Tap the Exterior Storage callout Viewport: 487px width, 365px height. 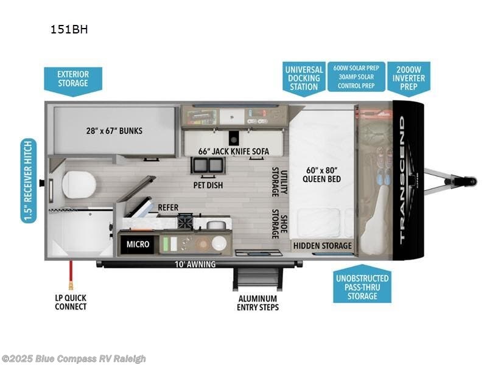[x=73, y=79]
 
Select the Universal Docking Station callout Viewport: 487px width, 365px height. [x=304, y=78]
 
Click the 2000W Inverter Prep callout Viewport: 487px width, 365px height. [x=409, y=77]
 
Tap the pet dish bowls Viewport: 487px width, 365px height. [x=207, y=165]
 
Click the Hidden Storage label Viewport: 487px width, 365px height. [x=323, y=246]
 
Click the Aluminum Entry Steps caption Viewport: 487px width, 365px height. [x=258, y=303]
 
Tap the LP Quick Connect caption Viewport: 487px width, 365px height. [x=72, y=302]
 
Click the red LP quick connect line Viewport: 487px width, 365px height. [x=72, y=274]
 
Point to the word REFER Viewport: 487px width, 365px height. [x=168, y=207]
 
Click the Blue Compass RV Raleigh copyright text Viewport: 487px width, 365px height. [x=74, y=358]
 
